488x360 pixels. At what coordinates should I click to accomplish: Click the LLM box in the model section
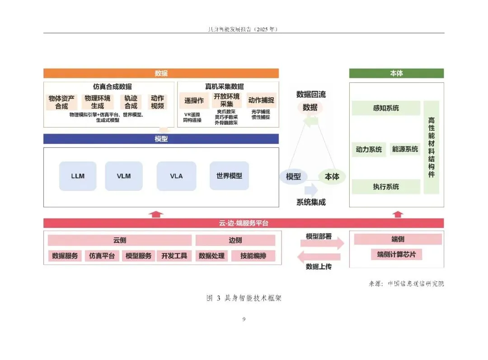(78, 176)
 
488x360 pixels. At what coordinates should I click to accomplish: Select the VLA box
(176, 176)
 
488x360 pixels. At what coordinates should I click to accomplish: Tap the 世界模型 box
(229, 176)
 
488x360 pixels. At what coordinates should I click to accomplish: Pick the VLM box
(124, 176)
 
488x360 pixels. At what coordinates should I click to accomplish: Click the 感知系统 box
(386, 108)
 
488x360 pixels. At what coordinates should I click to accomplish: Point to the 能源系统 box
(405, 149)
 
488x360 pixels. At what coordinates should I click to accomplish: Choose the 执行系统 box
(386, 187)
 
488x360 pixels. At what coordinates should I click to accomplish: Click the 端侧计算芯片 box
(396, 255)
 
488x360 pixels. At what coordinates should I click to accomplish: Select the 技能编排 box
(253, 256)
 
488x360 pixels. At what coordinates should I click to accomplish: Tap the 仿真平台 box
(102, 256)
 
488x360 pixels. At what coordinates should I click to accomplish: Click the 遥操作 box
(194, 100)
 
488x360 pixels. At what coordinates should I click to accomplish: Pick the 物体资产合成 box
(61, 102)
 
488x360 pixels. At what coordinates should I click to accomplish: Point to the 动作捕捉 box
(261, 100)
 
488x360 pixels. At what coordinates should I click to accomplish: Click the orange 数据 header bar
(161, 73)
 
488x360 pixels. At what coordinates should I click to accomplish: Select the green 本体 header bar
(396, 73)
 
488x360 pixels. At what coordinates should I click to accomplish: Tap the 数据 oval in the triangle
(310, 108)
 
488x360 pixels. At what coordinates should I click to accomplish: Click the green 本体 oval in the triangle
(332, 177)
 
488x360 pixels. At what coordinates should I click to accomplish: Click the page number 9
(244, 319)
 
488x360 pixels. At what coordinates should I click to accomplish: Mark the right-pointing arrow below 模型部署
(322, 244)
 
